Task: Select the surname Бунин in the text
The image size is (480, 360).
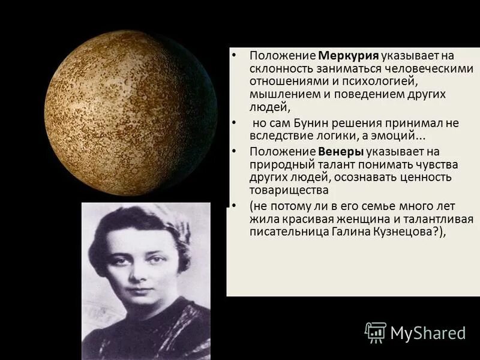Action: click(311, 123)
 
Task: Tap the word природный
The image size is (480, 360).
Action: click(278, 164)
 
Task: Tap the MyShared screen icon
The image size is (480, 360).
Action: click(375, 332)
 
